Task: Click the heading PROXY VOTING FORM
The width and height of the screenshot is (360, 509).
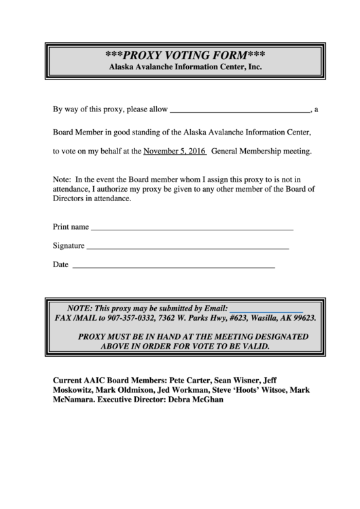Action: point(185,54)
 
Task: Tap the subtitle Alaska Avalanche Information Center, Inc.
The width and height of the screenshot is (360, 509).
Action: point(185,67)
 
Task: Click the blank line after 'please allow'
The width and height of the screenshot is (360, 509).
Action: point(239,110)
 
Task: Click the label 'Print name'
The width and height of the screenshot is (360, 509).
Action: point(71,226)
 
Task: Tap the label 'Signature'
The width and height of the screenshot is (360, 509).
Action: point(69,245)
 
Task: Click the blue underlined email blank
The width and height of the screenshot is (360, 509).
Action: point(266,310)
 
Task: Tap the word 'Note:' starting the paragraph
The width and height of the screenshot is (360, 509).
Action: point(62,180)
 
